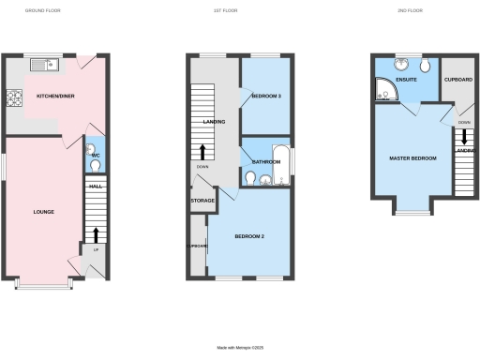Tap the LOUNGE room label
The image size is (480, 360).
click(44, 212)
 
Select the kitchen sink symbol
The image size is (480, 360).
click(44, 65)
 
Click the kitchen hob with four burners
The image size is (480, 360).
click(16, 96)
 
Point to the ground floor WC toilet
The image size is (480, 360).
click(93, 165)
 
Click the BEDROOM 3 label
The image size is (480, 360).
click(266, 97)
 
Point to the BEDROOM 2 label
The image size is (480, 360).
click(250, 235)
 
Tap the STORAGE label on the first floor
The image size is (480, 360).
click(202, 201)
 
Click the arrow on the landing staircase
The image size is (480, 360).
click(202, 152)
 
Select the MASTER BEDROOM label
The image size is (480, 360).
click(413, 158)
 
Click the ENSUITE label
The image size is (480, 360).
click(407, 81)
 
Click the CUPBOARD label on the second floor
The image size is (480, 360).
click(458, 80)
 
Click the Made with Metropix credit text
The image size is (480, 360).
click(240, 348)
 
